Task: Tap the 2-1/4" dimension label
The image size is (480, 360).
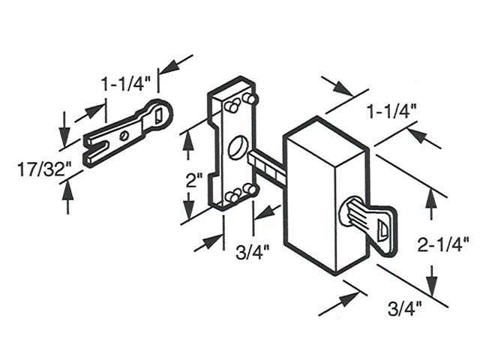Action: coord(444,242)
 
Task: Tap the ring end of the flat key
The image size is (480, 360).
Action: coord(160,112)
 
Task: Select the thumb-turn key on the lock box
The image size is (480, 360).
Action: coord(364,217)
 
